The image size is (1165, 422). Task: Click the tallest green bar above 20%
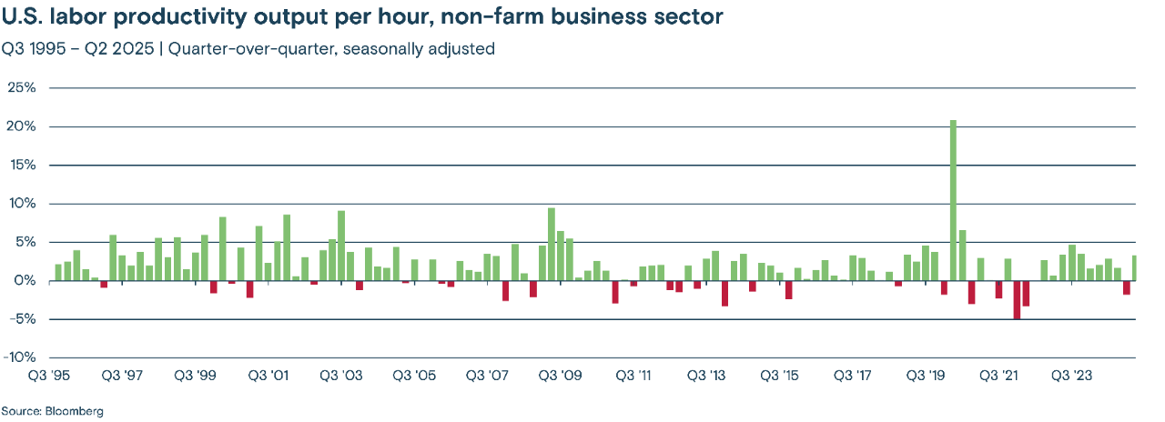(953, 200)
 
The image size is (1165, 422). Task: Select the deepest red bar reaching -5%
(1017, 300)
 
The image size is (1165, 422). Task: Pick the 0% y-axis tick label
(24, 281)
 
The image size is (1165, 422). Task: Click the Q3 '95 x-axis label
(48, 376)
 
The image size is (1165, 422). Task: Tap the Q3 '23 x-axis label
(1072, 376)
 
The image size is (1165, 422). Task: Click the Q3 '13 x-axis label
(706, 376)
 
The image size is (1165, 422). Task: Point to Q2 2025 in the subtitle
(121, 49)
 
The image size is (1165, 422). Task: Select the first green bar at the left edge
(58, 272)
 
